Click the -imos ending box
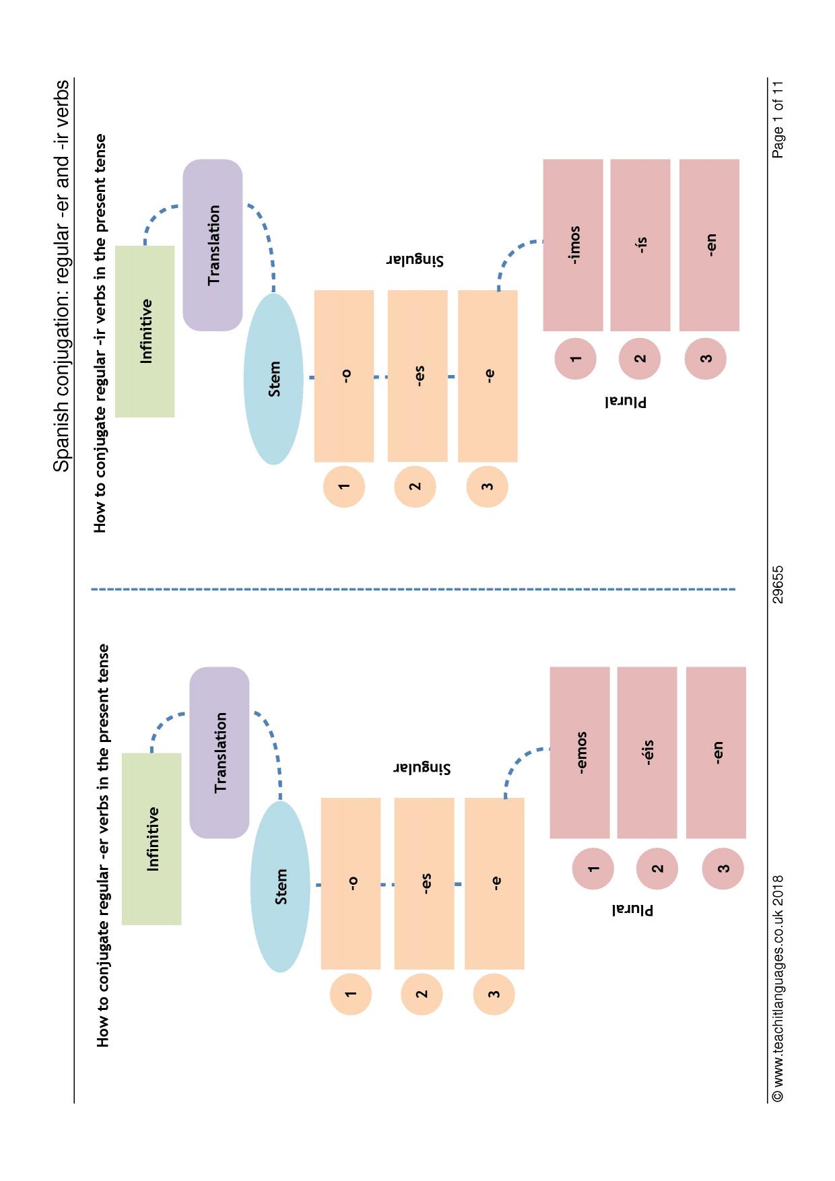(573, 245)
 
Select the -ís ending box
(640, 245)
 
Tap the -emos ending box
(580, 753)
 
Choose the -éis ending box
(647, 753)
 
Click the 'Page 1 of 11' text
(778, 119)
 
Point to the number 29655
(778, 584)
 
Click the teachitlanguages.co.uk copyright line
(778, 988)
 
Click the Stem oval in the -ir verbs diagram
(273, 379)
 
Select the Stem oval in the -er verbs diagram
(280, 887)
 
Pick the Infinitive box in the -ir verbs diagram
(145, 331)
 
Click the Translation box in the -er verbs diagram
(220, 753)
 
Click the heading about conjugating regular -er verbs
(102, 846)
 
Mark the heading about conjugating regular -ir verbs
(100, 333)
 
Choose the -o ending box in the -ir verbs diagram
(344, 376)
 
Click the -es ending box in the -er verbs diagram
(424, 884)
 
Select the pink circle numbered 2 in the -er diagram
(657, 869)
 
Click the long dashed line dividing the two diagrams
(413, 590)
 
